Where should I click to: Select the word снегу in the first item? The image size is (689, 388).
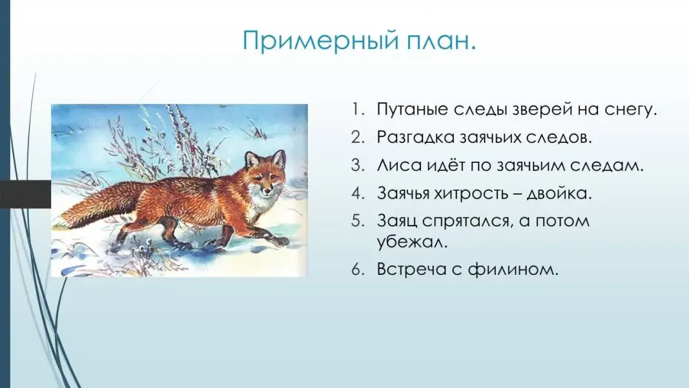click(x=630, y=110)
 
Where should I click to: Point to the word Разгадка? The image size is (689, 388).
click(x=415, y=138)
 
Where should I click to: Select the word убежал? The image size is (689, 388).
click(x=412, y=241)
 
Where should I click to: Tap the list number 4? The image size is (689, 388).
click(x=358, y=193)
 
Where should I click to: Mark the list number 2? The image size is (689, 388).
click(x=358, y=138)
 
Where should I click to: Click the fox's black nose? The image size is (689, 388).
click(x=265, y=192)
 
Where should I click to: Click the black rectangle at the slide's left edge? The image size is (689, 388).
click(x=25, y=194)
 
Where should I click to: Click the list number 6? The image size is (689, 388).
click(x=358, y=269)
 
